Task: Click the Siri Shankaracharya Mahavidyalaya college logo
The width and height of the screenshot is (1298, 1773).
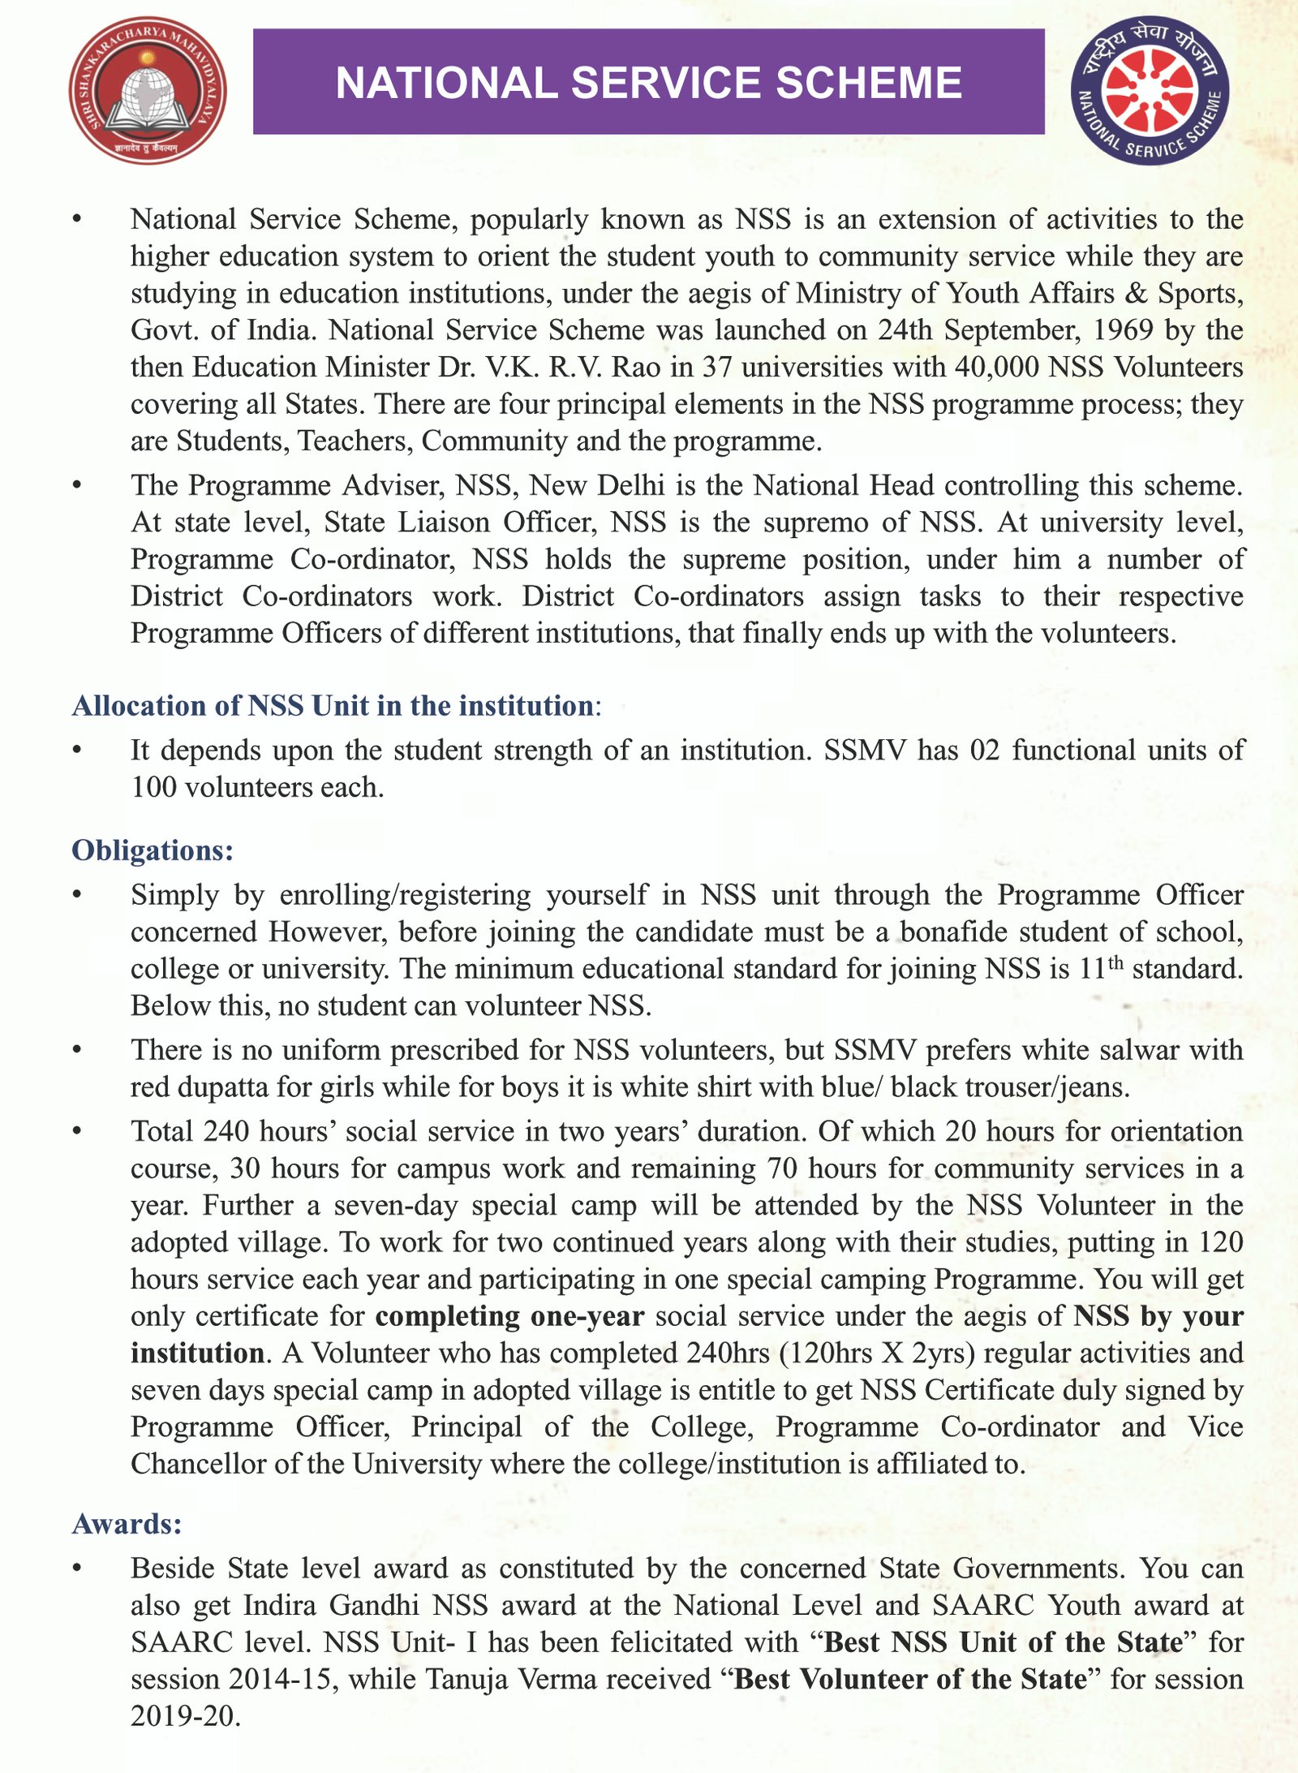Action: click(148, 90)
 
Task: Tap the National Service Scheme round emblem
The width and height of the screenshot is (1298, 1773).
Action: click(1150, 90)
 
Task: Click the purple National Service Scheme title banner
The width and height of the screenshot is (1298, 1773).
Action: click(648, 82)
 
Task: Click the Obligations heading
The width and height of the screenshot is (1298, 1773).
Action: click(153, 850)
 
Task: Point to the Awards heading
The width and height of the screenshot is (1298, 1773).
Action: click(127, 1524)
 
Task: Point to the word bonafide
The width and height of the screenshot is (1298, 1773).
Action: click(954, 932)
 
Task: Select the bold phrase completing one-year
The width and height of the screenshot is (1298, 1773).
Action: click(509, 1316)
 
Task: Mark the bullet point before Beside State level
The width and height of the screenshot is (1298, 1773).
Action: click(77, 1569)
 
